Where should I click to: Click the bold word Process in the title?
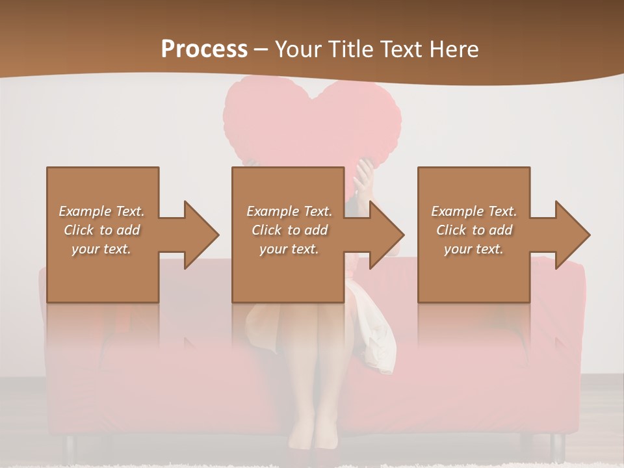coord(204,49)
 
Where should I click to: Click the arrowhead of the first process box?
coord(201,235)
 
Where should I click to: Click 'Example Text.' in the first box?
coord(101,211)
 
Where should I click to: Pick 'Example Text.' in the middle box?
coord(289,211)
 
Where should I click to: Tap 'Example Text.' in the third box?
coord(474,211)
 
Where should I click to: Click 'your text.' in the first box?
coord(101,249)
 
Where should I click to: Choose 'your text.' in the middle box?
coord(289,249)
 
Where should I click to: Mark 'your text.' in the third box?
coord(474,249)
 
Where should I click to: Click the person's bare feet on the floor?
coord(312,442)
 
